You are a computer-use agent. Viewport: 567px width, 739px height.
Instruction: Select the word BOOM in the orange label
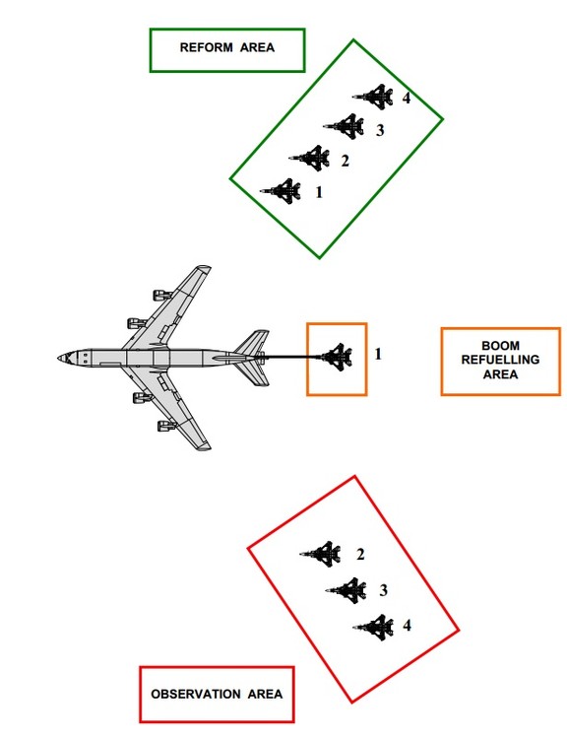pos(501,346)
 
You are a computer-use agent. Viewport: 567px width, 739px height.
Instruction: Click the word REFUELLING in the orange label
pos(501,360)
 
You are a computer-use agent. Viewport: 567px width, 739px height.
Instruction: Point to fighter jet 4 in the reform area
pos(373,97)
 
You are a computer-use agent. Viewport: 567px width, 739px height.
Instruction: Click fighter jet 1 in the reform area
pos(282,191)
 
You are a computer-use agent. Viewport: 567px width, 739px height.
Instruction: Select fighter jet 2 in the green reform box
pos(310,158)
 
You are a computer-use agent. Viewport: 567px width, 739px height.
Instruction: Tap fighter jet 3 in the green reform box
pos(345,126)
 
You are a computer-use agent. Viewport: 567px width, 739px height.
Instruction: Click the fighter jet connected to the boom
pos(337,357)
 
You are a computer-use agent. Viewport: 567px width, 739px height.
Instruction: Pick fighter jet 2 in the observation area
pos(321,554)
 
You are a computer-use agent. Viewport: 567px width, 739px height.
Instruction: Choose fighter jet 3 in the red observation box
pos(346,589)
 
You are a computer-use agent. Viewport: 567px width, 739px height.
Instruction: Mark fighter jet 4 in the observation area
pos(374,627)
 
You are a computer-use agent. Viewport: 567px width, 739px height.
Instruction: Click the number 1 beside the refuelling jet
pos(378,354)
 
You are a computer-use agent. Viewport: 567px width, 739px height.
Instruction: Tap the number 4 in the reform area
pos(407,98)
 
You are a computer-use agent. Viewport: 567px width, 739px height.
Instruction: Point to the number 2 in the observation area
pos(360,554)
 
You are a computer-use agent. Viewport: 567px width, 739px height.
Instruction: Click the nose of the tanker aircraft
pos(59,359)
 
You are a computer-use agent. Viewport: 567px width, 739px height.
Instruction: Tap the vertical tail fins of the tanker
pos(252,358)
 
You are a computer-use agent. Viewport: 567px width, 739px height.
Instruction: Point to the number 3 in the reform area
pos(380,130)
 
